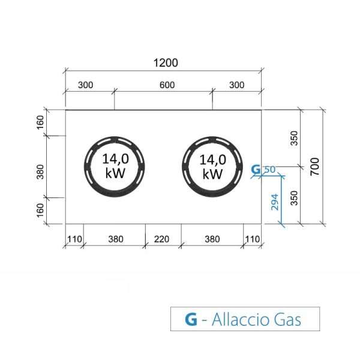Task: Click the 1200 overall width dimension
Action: point(166,63)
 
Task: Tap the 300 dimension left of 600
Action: point(85,85)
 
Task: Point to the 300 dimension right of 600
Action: point(237,85)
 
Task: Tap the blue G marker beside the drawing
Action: point(256,170)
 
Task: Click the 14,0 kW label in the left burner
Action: point(113,166)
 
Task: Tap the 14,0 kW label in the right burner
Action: point(212,166)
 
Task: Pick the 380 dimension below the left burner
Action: point(116,239)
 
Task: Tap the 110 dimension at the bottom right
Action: point(252,239)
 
